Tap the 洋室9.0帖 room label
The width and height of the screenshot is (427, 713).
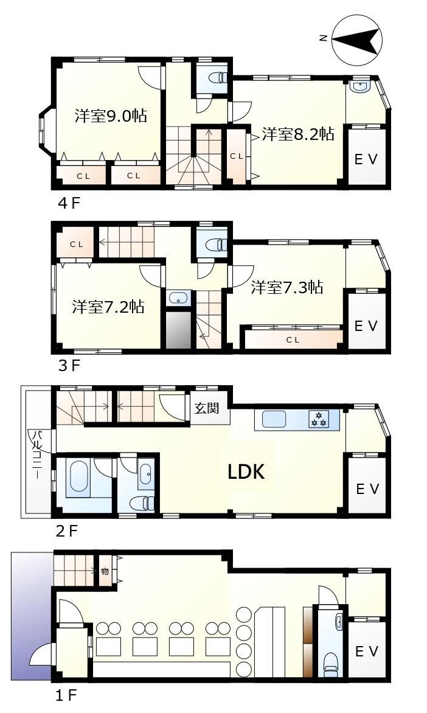[x=111, y=116]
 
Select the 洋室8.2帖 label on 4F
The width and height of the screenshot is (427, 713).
[x=298, y=134]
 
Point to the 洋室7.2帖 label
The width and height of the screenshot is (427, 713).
[x=108, y=307]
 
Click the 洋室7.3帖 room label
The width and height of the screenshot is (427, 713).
[x=287, y=287]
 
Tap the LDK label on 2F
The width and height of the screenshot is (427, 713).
[x=246, y=473]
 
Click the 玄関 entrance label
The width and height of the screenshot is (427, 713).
[x=207, y=408]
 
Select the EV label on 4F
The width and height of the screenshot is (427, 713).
[x=366, y=159]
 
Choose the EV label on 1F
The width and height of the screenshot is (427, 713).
[x=367, y=652]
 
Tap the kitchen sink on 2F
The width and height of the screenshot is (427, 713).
[x=274, y=419]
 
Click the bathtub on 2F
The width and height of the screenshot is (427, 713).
[x=78, y=478]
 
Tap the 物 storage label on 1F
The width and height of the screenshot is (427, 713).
[x=105, y=571]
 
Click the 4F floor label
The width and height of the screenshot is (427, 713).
[x=69, y=203]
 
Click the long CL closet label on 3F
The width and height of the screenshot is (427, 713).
[x=293, y=339]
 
